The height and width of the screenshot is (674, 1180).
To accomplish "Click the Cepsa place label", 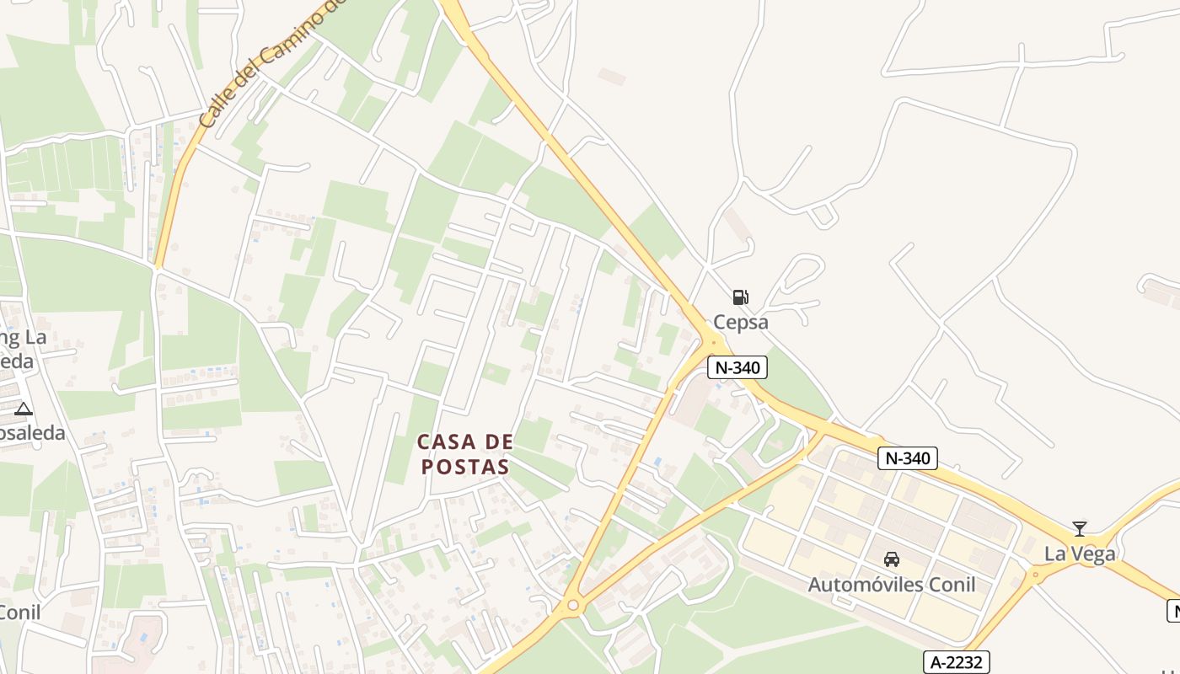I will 741,322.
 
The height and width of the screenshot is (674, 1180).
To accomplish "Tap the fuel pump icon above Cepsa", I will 740,297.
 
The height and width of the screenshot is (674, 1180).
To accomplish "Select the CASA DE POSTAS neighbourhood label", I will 465,454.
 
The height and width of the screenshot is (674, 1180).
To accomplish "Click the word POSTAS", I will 465,467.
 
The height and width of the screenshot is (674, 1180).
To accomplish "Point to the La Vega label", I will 1080,554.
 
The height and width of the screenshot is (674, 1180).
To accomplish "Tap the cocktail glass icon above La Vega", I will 1079,529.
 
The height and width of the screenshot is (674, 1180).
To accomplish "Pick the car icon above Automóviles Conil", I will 891,559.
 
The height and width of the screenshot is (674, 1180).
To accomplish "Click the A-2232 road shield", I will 956,662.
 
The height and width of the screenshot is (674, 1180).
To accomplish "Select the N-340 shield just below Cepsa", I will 737,367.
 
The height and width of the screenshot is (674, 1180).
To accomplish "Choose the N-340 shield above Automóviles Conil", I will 907,458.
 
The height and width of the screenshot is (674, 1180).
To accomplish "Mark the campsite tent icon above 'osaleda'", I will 24,409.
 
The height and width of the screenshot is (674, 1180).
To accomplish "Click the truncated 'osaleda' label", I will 32,433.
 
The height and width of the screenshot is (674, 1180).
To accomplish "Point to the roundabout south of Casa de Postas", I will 573,604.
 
